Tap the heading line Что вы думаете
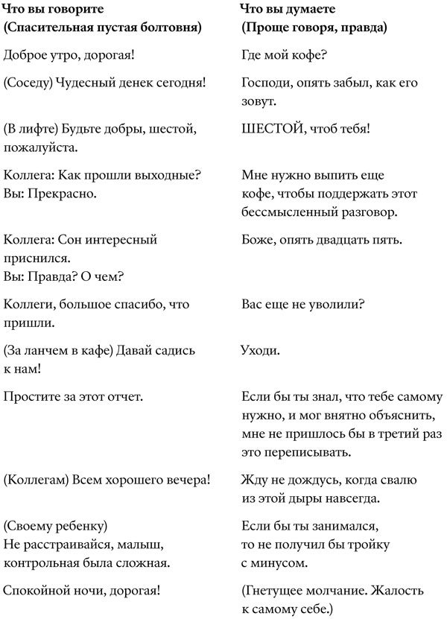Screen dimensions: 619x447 click(288, 10)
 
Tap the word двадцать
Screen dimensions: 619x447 click(338, 240)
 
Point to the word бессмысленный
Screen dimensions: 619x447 click(288, 212)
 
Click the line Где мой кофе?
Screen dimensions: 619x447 click(285, 54)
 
